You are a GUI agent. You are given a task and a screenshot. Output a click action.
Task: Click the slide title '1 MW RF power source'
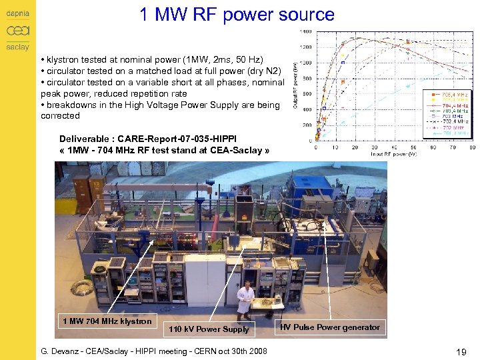[x=237, y=15]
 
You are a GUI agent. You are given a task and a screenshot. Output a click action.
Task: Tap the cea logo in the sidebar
[x=17, y=31]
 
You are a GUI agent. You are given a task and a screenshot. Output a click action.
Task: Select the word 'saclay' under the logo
[x=17, y=47]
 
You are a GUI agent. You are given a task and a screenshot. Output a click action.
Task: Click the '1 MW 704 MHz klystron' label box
[x=107, y=321]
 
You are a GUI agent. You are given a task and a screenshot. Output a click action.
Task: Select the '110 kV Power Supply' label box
[x=209, y=329]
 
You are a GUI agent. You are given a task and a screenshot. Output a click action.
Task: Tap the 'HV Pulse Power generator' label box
[x=330, y=327]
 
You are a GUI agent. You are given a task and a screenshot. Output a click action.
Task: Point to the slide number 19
[x=459, y=351]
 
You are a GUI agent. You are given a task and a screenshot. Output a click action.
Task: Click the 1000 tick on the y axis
[x=305, y=63]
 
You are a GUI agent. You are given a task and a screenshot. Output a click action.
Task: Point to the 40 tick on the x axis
[x=411, y=147]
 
